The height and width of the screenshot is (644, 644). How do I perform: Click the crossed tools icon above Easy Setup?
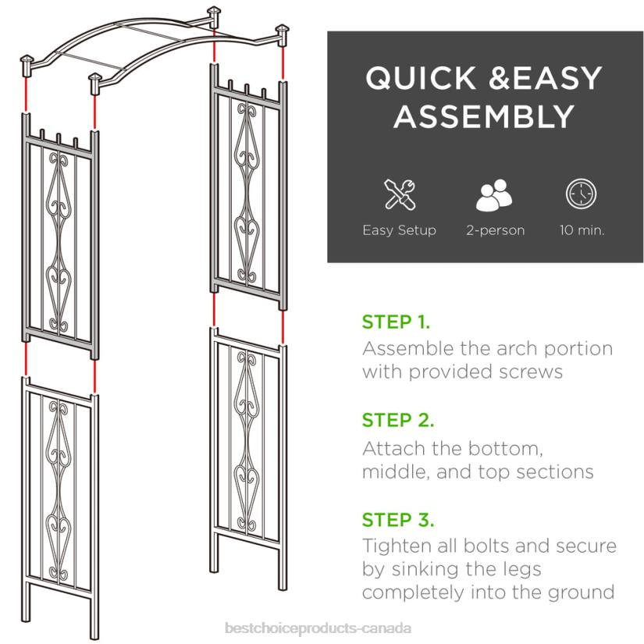coord(399,194)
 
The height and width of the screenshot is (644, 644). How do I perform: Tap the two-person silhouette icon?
coord(495,194)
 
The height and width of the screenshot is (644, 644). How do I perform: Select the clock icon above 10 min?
coord(581,194)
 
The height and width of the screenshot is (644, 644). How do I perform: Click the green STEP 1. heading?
coord(396,322)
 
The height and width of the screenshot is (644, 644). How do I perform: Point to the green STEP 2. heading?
coord(397,421)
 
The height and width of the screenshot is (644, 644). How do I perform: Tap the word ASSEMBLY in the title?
coord(485,118)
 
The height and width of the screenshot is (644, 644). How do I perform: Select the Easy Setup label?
coord(399,230)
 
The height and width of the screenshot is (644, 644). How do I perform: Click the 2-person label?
coord(495,230)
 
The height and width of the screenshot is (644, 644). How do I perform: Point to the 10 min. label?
coord(582,230)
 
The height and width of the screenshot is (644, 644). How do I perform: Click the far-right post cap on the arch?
coord(283,33)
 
